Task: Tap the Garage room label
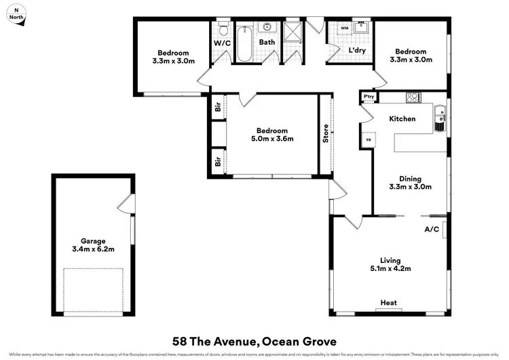[92, 240]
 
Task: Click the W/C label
[222, 42]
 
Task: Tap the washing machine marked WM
[344, 29]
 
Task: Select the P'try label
[369, 97]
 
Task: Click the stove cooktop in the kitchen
[413, 97]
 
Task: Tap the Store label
[326, 132]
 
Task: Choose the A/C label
[432, 230]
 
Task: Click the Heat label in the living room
[388, 303]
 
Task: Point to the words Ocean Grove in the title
[299, 340]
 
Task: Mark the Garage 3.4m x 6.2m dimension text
[92, 249]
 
